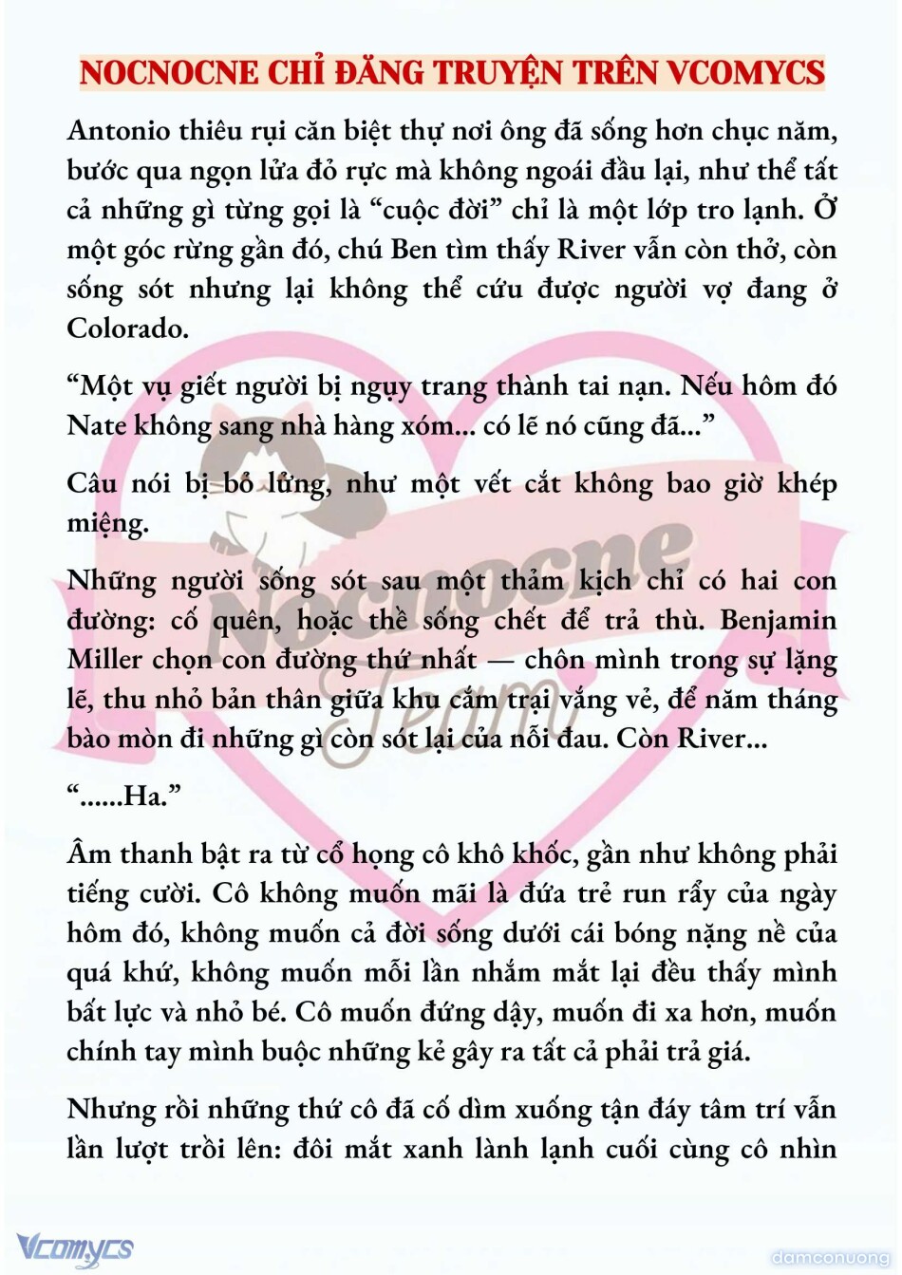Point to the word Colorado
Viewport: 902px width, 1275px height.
click(127, 328)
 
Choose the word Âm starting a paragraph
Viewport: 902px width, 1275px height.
click(89, 853)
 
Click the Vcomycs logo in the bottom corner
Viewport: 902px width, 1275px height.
click(75, 1247)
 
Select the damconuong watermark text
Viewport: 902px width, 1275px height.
click(831, 1258)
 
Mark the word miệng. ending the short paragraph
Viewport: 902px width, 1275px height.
click(107, 523)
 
